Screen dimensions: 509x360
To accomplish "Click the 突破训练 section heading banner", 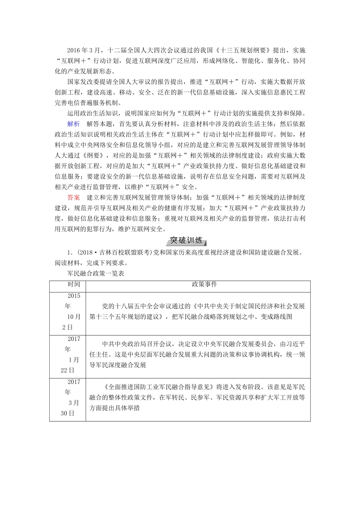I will pos(186,240).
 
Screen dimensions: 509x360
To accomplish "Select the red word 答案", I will pos(74,197).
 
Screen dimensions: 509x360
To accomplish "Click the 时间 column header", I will pos(74,284).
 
